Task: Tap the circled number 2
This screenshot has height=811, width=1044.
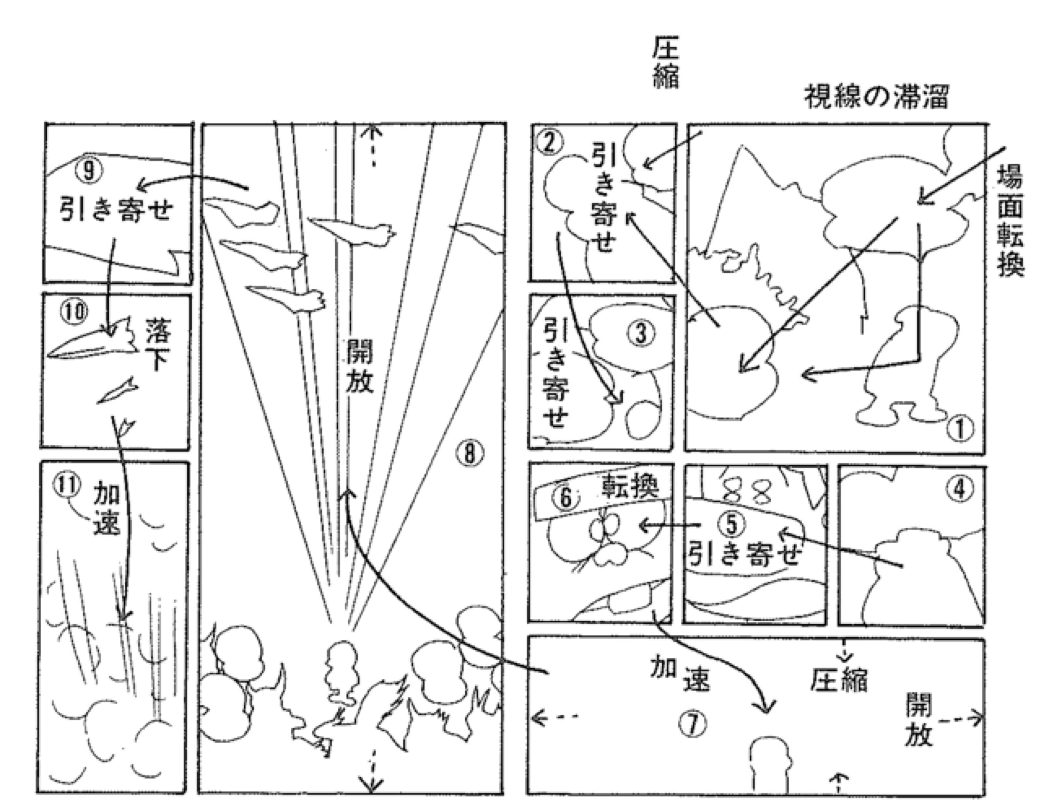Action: (x=549, y=143)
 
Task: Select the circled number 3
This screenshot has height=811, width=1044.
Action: (x=641, y=333)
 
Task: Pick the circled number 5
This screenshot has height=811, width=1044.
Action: (x=732, y=525)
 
